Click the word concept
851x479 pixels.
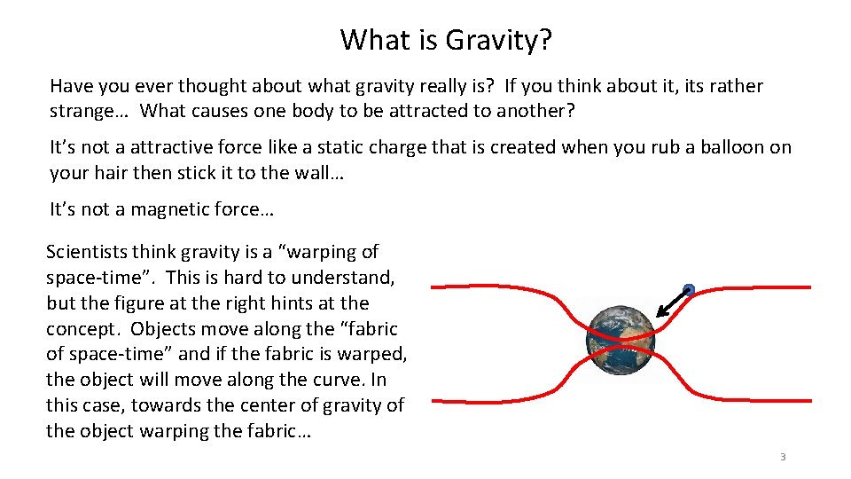(82, 329)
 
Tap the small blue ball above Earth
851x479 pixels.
(688, 289)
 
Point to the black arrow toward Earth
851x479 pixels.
(672, 302)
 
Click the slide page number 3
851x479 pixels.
(783, 458)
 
